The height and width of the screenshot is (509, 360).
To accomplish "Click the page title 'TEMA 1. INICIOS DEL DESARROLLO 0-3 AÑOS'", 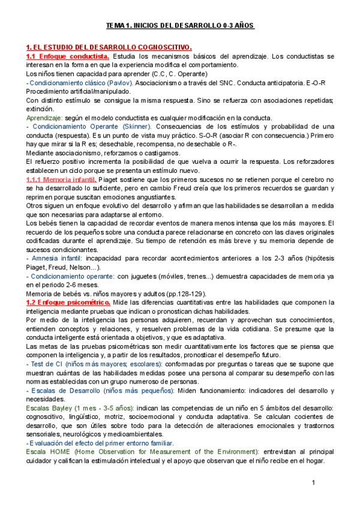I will click(180, 26).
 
